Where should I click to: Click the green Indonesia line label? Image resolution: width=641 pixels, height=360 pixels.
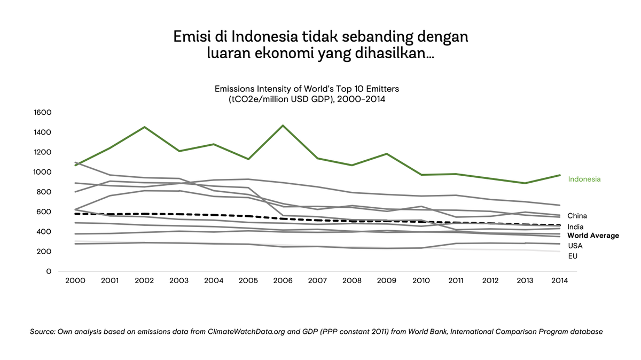(584, 179)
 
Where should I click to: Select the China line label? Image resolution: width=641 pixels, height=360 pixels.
(577, 216)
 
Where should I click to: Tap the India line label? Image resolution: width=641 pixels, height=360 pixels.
(576, 227)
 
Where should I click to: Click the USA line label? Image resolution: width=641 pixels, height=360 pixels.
(575, 246)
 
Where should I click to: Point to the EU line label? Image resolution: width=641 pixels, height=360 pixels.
(573, 256)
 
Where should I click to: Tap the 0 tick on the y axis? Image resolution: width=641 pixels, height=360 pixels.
(49, 271)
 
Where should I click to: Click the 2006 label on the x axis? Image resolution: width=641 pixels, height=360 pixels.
(283, 281)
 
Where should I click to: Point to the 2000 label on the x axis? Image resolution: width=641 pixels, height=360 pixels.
(76, 281)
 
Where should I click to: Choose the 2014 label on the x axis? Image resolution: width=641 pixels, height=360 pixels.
(559, 281)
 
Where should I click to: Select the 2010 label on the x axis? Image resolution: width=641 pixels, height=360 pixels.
(421, 281)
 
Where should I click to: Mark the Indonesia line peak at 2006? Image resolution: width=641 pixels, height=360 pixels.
(283, 126)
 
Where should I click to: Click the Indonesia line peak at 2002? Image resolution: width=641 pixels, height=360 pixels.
(145, 127)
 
